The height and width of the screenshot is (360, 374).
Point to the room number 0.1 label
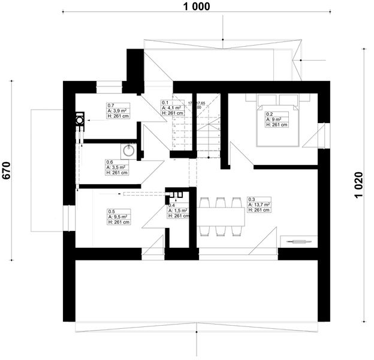[165, 103]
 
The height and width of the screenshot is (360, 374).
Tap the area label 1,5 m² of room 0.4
[178, 211]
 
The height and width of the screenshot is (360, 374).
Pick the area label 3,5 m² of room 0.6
[116, 167]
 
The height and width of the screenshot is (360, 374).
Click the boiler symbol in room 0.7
[79, 119]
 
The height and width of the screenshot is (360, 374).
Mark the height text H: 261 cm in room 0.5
[117, 222]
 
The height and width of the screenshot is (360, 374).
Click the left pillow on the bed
[267, 100]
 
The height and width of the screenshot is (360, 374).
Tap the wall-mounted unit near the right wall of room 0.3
[299, 241]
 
